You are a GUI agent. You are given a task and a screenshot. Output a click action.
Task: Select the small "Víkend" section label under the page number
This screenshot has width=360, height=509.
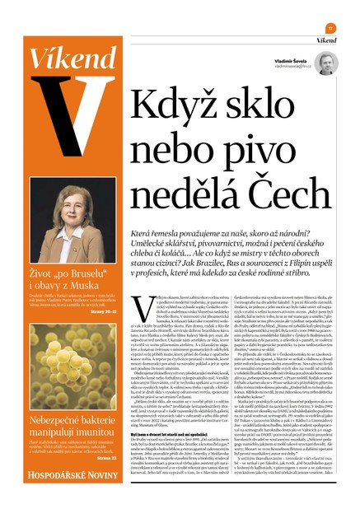(326, 39)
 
